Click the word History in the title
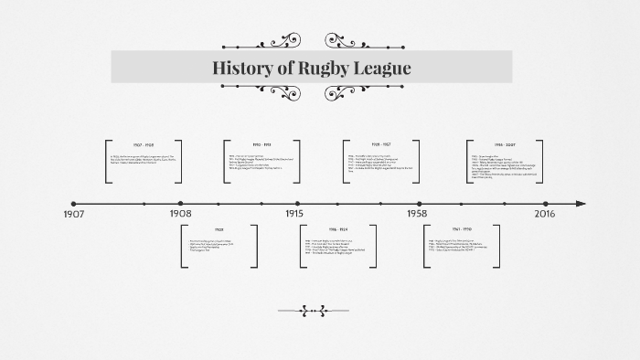241,69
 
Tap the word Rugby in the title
325,69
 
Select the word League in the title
385,69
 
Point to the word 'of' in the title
284,69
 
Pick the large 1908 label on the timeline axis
181,213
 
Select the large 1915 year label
294,213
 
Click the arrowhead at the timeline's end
581,204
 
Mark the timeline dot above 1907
74,204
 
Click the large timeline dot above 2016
546,204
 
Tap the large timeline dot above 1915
297,204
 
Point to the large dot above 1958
420,204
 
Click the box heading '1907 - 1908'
144,144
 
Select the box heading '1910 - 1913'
262,144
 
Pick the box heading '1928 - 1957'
382,144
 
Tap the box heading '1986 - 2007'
506,144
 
